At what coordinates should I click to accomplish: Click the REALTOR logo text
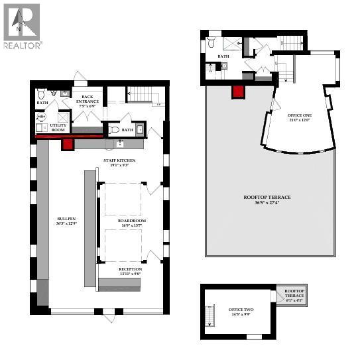click(x=23, y=46)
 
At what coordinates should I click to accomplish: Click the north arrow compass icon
click(x=21, y=21)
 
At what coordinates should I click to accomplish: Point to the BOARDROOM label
click(x=132, y=223)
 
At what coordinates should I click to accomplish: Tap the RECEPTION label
click(x=130, y=270)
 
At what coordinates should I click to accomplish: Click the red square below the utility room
click(x=66, y=145)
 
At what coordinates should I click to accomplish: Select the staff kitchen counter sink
click(x=120, y=143)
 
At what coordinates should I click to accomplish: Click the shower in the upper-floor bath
click(x=230, y=44)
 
